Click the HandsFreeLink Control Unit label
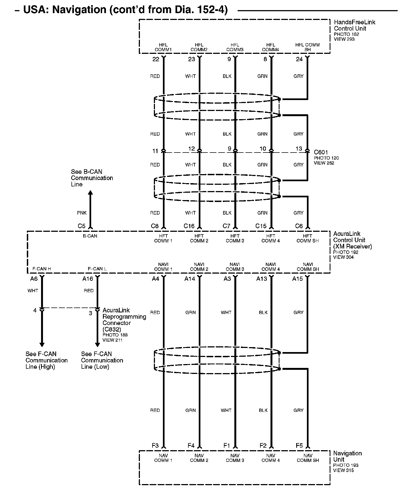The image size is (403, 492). pyautogui.click(x=354, y=25)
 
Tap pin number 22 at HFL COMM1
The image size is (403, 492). pyautogui.click(x=156, y=59)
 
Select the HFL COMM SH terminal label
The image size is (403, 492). pyautogui.click(x=307, y=47)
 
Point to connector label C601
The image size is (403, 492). pyautogui.click(x=321, y=152)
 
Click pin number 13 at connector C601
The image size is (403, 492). pyautogui.click(x=299, y=149)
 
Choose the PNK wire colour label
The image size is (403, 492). pyautogui.click(x=82, y=213)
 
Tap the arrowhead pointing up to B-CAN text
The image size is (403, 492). pyautogui.click(x=90, y=193)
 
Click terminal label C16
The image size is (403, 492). pyautogui.click(x=189, y=226)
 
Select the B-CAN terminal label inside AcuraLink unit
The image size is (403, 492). pyautogui.click(x=90, y=236)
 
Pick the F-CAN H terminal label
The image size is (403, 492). pyautogui.click(x=42, y=269)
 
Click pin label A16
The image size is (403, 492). pyautogui.click(x=88, y=279)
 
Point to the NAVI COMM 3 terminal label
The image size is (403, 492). pyautogui.click(x=235, y=267)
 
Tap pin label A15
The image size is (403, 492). pyautogui.click(x=298, y=279)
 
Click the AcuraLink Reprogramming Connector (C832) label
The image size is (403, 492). pyautogui.click(x=124, y=320)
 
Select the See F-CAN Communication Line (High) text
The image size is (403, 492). pyautogui.click(x=46, y=360)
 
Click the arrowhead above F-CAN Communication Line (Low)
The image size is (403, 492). pyautogui.click(x=97, y=345)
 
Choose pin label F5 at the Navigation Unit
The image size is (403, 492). pyautogui.click(x=299, y=446)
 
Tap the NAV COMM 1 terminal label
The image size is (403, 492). pyautogui.click(x=163, y=458)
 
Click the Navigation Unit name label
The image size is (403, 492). pyautogui.click(x=347, y=456)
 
